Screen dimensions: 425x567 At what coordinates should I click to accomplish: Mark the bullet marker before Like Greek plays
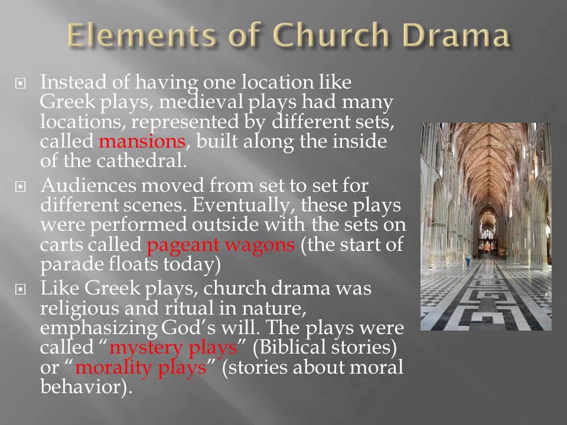tap(22, 290)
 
